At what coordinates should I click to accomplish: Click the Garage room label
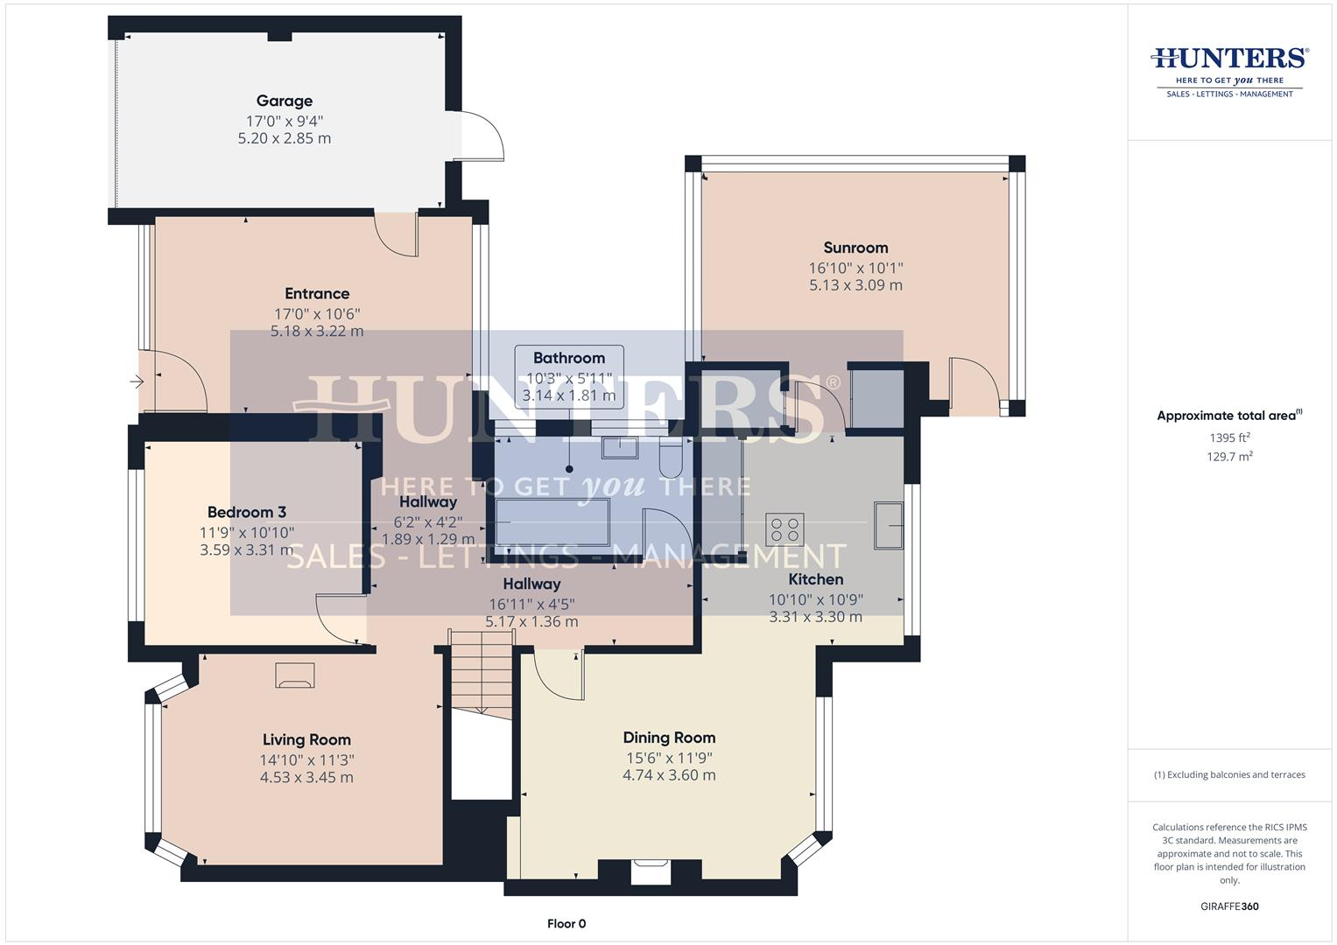coord(284,101)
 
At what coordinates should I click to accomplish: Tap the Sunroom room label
coord(855,248)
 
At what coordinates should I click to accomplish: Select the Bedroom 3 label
coord(247,512)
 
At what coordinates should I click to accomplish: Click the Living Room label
coord(306,739)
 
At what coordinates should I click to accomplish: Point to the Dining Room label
coord(669,738)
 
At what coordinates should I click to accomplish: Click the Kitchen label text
coord(815,579)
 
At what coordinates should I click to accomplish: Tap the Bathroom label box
coord(569,376)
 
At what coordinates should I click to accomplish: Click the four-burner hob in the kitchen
coord(785,529)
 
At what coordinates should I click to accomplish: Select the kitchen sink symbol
coord(888,525)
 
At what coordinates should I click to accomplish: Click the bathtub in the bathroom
coord(552,522)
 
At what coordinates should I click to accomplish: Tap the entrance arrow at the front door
coord(137,381)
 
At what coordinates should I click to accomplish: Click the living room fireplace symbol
coord(294,675)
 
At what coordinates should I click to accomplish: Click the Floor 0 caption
coord(566,923)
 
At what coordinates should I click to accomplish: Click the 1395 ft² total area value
coord(1229,437)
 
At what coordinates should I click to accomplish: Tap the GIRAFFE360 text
coord(1228,906)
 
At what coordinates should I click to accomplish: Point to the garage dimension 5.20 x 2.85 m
coord(284,138)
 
